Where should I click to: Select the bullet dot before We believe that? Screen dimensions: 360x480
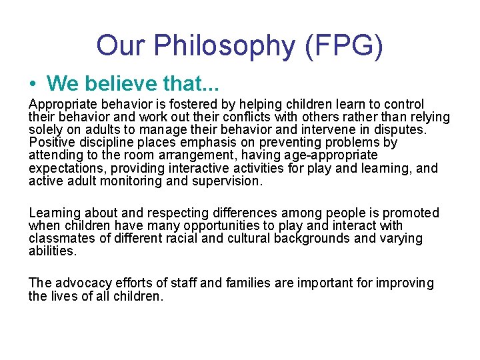pyautogui.click(x=33, y=83)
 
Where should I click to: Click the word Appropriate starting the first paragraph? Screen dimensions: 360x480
pyautogui.click(x=63, y=105)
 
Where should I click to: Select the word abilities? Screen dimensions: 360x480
pyautogui.click(x=53, y=251)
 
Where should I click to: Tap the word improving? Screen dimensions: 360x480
pyautogui.click(x=405, y=283)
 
